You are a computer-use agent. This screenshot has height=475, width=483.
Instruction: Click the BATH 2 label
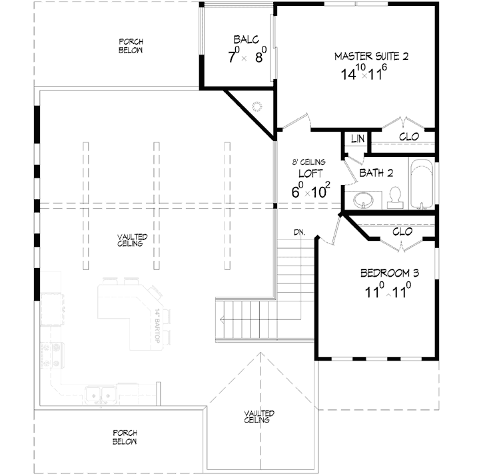(x=377, y=174)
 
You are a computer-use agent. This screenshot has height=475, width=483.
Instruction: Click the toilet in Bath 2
(x=394, y=198)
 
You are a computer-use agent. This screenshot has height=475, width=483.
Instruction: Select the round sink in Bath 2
(x=364, y=199)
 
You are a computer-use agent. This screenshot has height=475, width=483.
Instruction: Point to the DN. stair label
(x=299, y=232)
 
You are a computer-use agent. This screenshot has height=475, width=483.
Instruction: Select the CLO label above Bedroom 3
(x=402, y=232)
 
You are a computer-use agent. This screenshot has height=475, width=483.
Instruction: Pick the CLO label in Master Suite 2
(x=409, y=137)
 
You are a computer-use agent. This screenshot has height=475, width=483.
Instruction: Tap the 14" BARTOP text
(x=158, y=326)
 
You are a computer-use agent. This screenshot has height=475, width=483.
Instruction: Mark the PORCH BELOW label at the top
(x=131, y=46)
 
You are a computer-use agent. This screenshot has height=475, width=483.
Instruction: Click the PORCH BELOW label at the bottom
(x=125, y=437)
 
